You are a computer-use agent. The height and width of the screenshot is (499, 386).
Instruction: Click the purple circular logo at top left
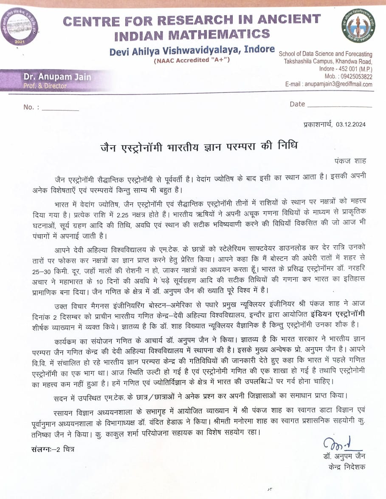[19, 27]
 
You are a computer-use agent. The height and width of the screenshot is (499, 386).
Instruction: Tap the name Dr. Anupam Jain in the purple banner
[57, 77]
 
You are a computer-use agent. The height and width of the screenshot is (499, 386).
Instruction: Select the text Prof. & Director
[45, 86]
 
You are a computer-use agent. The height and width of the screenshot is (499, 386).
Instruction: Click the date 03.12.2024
[350, 125]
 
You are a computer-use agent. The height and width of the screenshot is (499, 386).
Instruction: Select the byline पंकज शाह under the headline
[350, 161]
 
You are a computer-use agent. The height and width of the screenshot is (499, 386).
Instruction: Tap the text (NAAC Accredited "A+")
[192, 60]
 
